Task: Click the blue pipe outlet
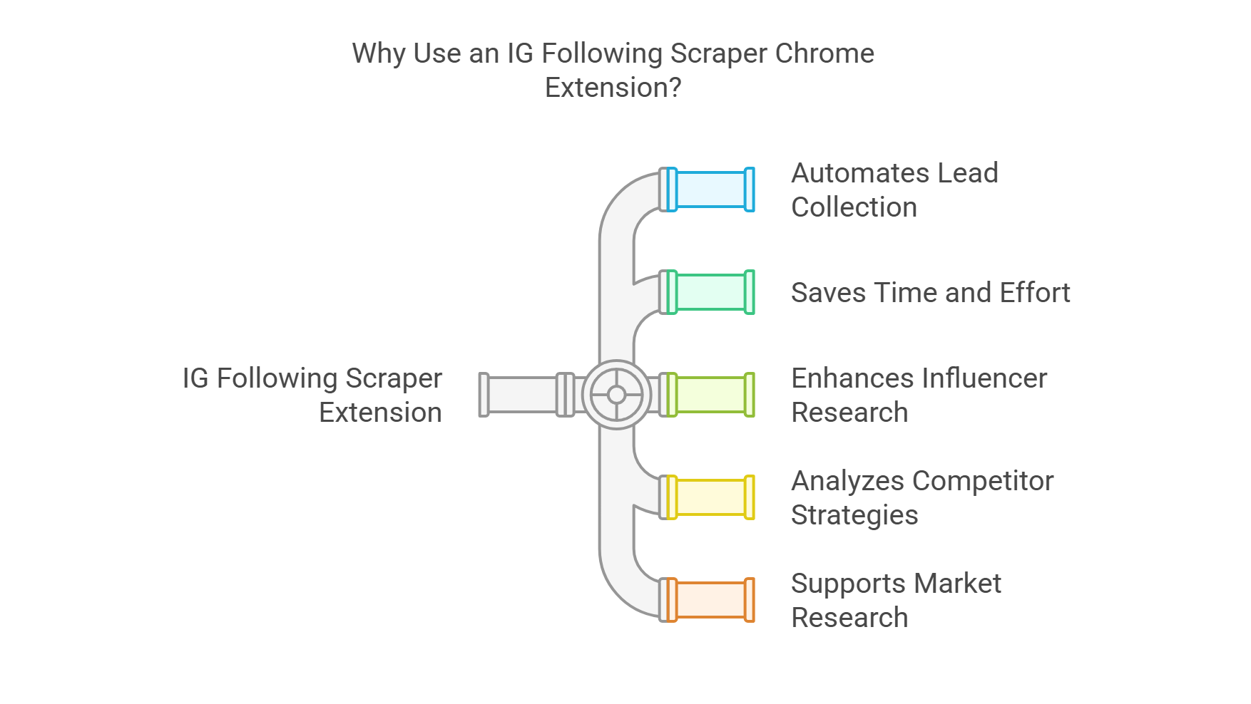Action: coord(710,190)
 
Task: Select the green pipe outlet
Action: coord(710,292)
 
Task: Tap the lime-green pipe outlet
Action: coord(710,395)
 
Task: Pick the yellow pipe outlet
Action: coord(710,497)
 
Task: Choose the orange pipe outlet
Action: coord(710,600)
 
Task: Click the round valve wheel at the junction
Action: coord(616,395)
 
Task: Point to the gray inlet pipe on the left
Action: coord(521,395)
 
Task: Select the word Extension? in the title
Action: coord(613,88)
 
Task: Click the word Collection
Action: coord(854,207)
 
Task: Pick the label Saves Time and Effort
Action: coord(930,293)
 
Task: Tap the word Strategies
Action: coord(854,515)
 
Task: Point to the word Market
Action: coord(957,584)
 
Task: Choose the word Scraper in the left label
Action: coord(394,378)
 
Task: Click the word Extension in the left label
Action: coord(380,413)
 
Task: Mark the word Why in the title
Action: coord(378,53)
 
